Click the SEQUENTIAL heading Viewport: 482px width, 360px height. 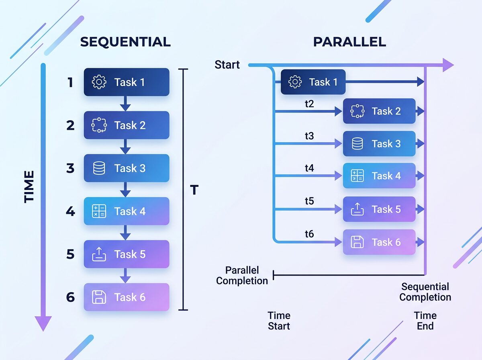(125, 42)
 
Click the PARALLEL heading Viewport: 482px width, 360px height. (349, 42)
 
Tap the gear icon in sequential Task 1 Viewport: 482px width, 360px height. (99, 82)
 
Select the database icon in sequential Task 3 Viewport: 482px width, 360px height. (99, 168)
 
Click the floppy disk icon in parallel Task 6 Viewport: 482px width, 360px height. (357, 242)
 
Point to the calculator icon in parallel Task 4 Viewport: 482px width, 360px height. (357, 176)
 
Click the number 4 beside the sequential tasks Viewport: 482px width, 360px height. (70, 211)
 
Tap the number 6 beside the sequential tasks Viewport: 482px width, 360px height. (70, 297)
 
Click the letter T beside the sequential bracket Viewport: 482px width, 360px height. (194, 190)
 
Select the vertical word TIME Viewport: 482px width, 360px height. (29, 186)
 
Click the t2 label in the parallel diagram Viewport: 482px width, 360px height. (309, 104)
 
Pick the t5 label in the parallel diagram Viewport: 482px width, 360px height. (309, 200)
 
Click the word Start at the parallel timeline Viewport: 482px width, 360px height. (227, 65)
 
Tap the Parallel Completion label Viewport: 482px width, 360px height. (242, 275)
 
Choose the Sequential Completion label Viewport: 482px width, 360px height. (425, 292)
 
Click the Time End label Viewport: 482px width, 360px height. (425, 321)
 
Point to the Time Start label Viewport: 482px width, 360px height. (279, 321)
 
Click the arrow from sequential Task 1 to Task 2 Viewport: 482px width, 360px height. (126, 104)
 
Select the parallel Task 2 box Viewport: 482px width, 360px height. (379, 111)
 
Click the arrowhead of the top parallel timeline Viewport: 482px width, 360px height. (448, 65)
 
